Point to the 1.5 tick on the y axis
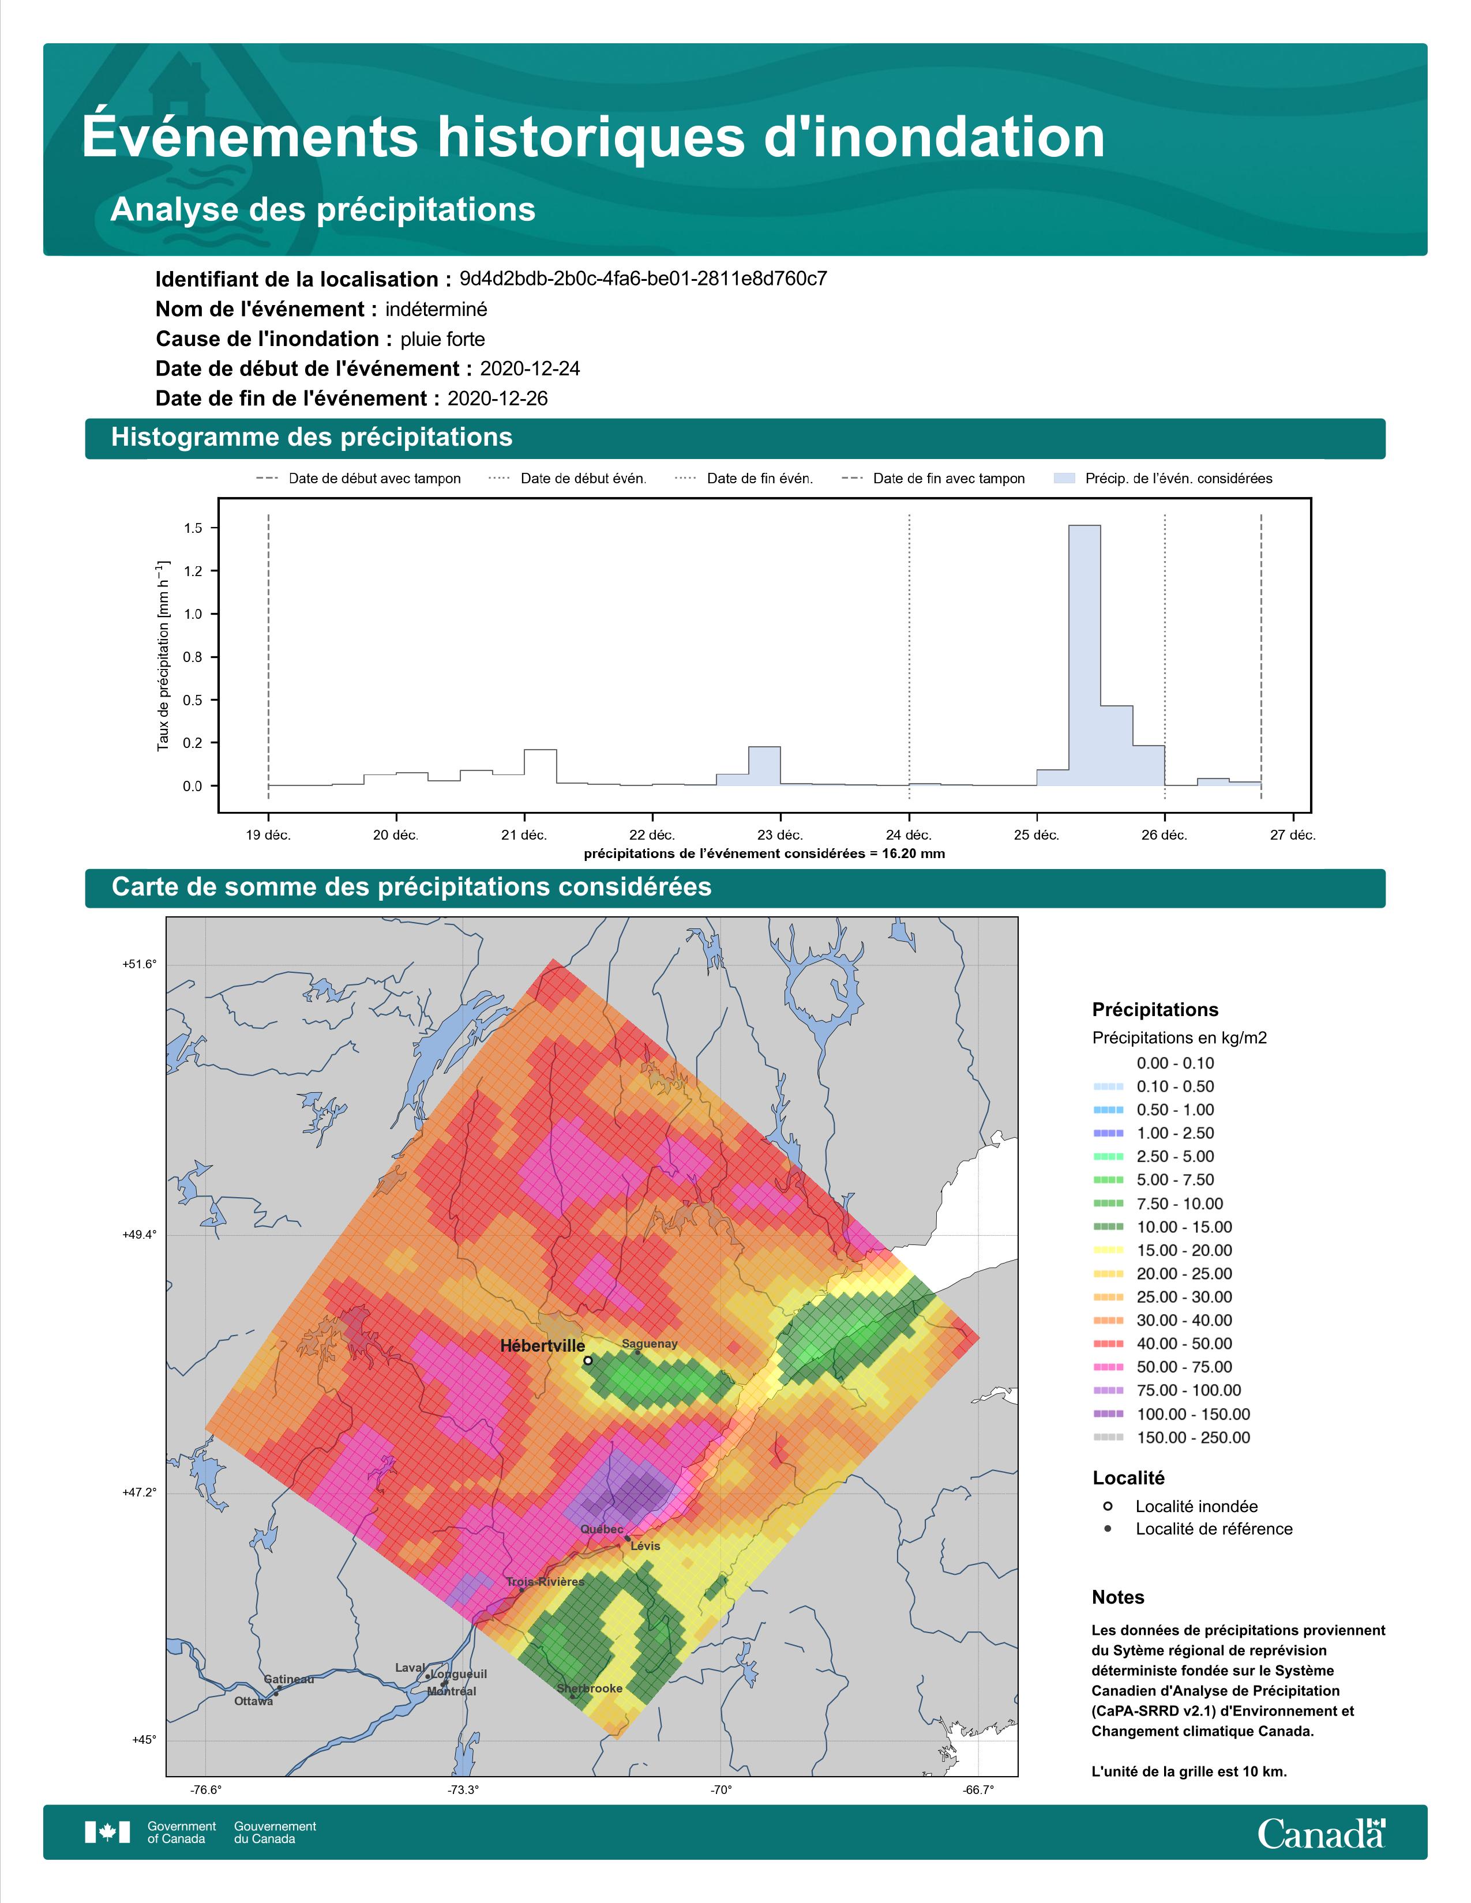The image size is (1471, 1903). [x=193, y=528]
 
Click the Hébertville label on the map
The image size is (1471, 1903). [x=542, y=1345]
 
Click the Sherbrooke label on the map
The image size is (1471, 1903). [x=590, y=1688]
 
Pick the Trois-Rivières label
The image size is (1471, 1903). [x=546, y=1581]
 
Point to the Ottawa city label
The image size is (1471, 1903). [x=254, y=1701]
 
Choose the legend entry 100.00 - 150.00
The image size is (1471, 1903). [x=1193, y=1414]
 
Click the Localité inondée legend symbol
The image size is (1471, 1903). [x=1108, y=1506]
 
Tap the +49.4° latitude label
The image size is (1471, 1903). [x=140, y=1235]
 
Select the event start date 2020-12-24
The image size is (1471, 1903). [x=530, y=368]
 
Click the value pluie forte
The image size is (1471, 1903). [x=442, y=339]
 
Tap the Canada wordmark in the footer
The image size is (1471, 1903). [x=1321, y=1833]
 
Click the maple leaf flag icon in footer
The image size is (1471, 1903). [x=107, y=1833]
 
